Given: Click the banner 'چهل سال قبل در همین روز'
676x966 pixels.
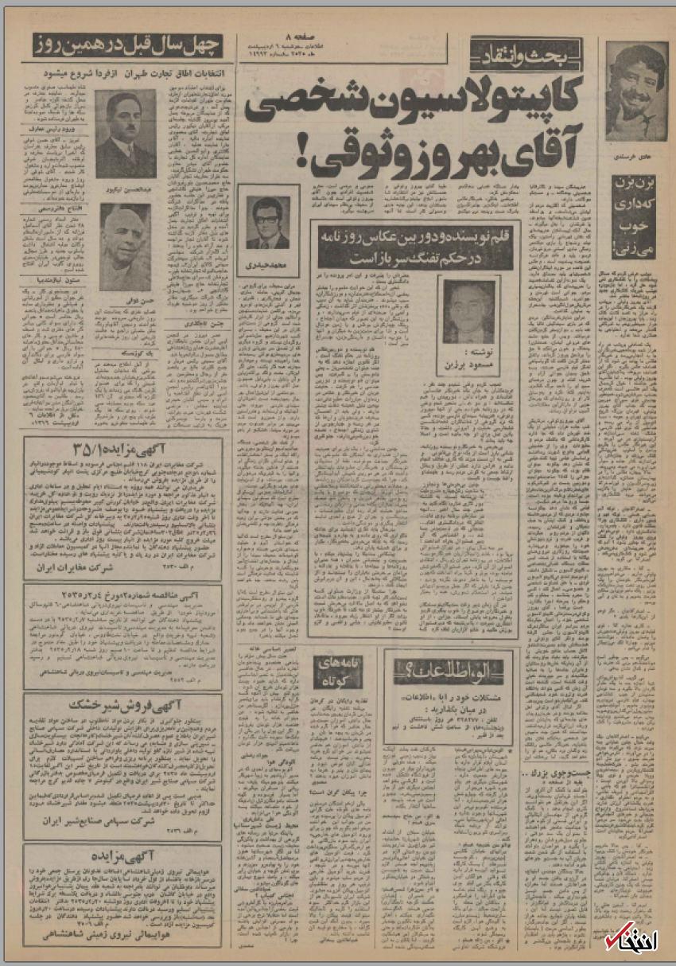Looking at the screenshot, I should point(128,45).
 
